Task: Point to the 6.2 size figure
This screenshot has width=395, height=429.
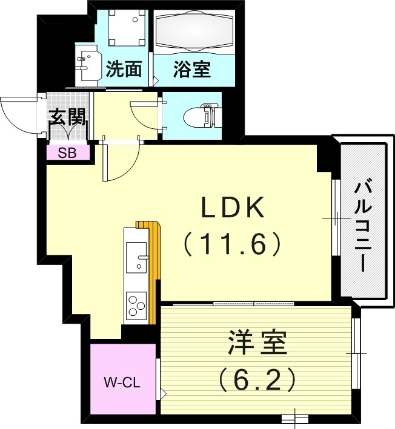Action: click(x=257, y=379)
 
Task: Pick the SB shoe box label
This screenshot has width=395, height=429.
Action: click(x=67, y=152)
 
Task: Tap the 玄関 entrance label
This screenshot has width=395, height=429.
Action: click(x=67, y=117)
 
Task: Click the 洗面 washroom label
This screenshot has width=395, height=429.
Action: click(x=124, y=69)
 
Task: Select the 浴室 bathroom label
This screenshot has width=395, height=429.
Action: click(x=192, y=69)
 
